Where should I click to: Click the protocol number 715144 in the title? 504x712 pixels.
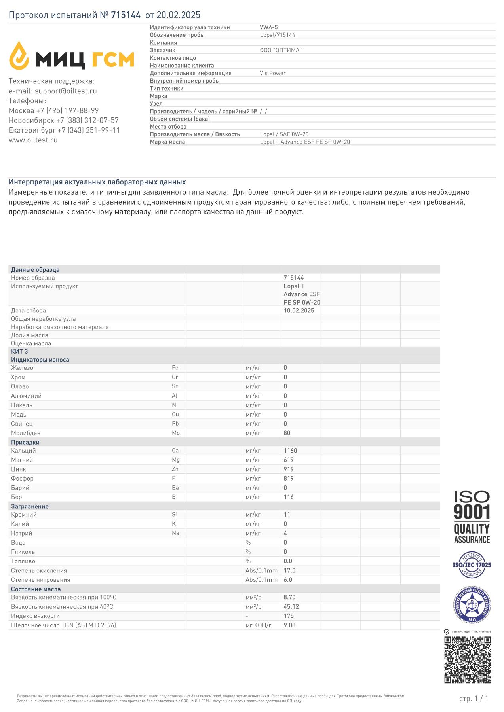pos(126,15)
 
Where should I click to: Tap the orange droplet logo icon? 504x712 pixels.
pos(19,55)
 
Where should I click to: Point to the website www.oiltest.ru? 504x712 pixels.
pos(33,140)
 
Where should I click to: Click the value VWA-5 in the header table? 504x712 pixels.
pos(269,27)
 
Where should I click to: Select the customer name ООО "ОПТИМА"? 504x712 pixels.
pos(281,50)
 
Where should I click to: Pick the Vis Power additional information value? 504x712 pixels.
pos(273,73)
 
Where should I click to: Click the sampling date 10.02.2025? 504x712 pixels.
pos(299,311)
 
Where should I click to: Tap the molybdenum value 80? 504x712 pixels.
pos(287,433)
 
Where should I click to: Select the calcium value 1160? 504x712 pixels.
pos(290,451)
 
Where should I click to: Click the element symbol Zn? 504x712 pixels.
pos(175,469)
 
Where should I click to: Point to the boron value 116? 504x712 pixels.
pos(289,497)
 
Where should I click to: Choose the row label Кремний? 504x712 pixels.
pos(24,515)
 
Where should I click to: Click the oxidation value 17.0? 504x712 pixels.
pos(289,570)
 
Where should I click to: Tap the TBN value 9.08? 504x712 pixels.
pos(289,625)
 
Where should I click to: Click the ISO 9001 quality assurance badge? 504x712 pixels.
pos(472,517)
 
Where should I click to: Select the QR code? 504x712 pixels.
pos(468,660)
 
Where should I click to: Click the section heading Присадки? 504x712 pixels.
pos(25,442)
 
